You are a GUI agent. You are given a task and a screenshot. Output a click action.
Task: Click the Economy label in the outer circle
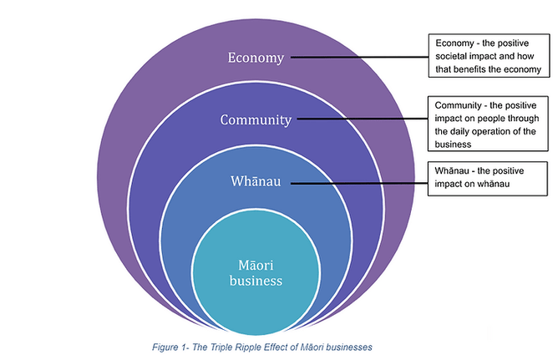tap(256, 58)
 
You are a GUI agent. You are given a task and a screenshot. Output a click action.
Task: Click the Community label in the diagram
tap(256, 119)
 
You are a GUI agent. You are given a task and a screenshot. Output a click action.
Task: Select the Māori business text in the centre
tap(255, 271)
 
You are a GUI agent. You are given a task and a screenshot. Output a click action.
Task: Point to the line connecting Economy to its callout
tap(359, 58)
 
